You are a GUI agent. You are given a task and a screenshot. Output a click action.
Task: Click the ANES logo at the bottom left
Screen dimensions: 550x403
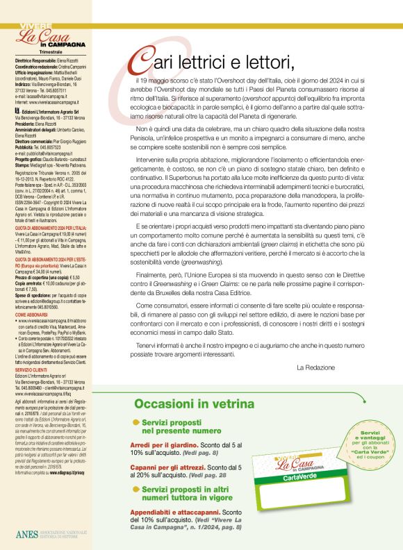click(28, 533)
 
